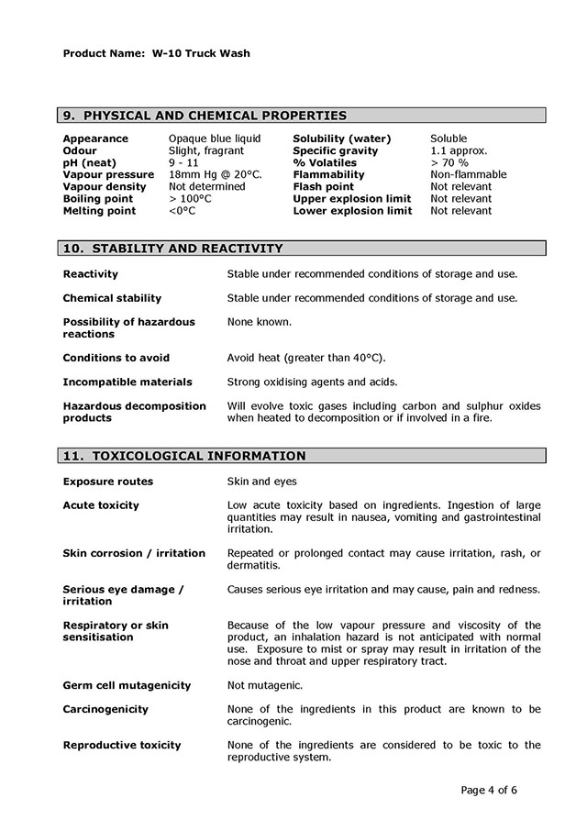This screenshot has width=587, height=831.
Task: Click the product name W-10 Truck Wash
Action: pyautogui.click(x=197, y=53)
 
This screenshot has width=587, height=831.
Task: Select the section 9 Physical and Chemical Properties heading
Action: pyautogui.click(x=205, y=116)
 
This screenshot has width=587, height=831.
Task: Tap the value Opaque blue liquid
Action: pyautogui.click(x=215, y=138)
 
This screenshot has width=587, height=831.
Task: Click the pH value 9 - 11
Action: pyautogui.click(x=183, y=162)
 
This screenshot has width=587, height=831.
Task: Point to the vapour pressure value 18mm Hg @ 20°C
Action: pyautogui.click(x=216, y=174)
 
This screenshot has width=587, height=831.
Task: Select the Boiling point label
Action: pyautogui.click(x=98, y=198)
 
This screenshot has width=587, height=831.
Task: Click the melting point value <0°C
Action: pyautogui.click(x=182, y=210)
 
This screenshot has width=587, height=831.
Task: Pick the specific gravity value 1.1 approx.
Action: pyautogui.click(x=459, y=150)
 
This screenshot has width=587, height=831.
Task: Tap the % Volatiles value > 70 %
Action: pyautogui.click(x=449, y=162)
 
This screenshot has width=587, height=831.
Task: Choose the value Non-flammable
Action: pyautogui.click(x=468, y=174)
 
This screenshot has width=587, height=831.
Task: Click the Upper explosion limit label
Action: pyautogui.click(x=352, y=198)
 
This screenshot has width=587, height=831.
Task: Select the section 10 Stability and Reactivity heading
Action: pyautogui.click(x=172, y=249)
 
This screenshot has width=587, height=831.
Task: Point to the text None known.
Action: pyautogui.click(x=260, y=322)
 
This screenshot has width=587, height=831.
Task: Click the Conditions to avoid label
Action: pyautogui.click(x=116, y=358)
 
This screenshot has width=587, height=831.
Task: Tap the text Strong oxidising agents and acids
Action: pyautogui.click(x=312, y=382)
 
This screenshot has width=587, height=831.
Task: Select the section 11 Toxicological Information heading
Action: pyautogui.click(x=183, y=456)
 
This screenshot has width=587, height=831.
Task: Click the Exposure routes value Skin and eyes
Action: pyautogui.click(x=261, y=482)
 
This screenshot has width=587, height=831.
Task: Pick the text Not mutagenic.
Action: pyautogui.click(x=264, y=685)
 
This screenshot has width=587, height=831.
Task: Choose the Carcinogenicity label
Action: pyautogui.click(x=105, y=709)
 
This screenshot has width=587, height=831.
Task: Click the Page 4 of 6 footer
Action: pyautogui.click(x=489, y=790)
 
